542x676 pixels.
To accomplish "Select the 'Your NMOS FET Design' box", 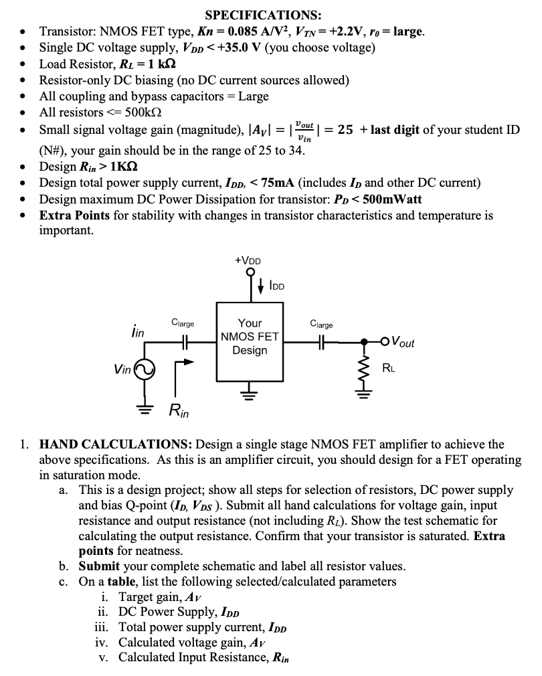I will (x=250, y=336).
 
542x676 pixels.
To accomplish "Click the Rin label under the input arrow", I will (x=179, y=410).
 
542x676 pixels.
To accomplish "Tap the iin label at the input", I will (x=137, y=330).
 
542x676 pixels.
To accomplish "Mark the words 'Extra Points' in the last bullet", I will (x=73, y=216).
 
